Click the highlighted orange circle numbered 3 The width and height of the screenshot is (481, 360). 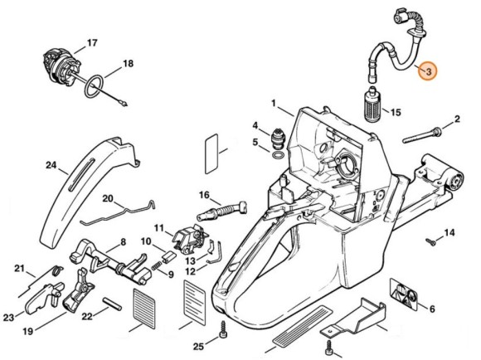[428, 71]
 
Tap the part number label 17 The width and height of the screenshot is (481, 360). [92, 43]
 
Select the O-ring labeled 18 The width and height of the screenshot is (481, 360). [95, 87]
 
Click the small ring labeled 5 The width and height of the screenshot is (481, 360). [278, 154]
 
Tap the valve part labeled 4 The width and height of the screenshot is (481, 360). [279, 139]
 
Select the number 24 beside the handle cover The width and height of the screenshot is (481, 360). [51, 165]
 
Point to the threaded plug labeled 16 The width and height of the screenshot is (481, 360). [221, 211]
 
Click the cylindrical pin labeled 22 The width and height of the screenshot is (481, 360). [112, 304]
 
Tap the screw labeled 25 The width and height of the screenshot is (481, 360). [223, 330]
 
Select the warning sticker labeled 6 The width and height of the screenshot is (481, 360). [404, 294]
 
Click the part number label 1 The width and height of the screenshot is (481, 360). [274, 103]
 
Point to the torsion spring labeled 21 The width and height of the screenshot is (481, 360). [56, 270]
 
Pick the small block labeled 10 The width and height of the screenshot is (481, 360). [168, 257]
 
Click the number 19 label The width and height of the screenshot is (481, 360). [28, 332]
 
